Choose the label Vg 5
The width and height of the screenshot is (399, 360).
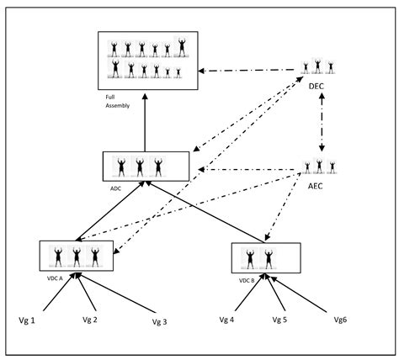(x=280, y=320)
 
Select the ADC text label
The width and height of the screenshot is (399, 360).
(x=116, y=188)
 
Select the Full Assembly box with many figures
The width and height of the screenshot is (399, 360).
(x=147, y=60)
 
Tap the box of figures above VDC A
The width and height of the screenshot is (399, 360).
(x=77, y=255)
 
